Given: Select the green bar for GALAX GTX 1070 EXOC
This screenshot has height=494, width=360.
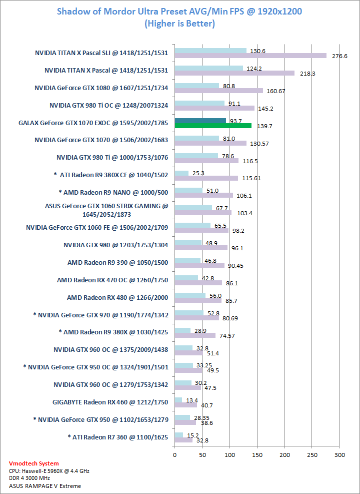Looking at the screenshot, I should point(213,126).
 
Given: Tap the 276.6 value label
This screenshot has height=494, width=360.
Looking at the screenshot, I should point(340,56).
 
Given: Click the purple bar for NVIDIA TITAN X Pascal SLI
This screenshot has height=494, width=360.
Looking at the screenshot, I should point(250,56).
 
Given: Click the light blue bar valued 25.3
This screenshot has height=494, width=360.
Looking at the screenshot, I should point(181,173).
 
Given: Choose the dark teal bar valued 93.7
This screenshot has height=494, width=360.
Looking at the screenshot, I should point(200,121).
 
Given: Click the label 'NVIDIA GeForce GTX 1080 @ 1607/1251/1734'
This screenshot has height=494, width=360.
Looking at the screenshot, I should point(101,88).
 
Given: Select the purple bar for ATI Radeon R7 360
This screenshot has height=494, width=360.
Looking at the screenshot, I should point(183,440).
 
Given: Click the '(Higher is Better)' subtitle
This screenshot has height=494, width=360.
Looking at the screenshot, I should point(179,24).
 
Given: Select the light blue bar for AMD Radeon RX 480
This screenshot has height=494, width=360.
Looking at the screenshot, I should point(190,295).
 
